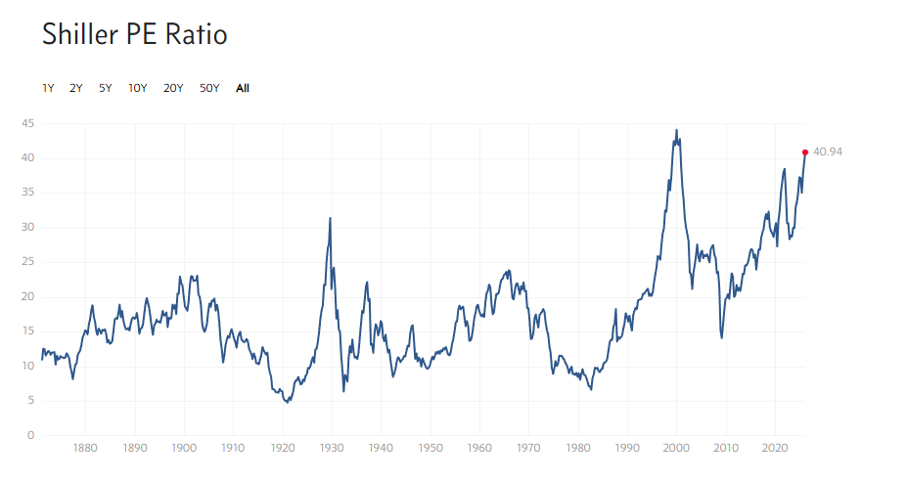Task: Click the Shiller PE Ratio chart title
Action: point(134,35)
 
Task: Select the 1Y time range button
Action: point(48,88)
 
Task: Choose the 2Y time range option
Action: point(76,88)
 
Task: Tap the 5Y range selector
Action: point(106,88)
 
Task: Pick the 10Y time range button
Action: point(138,88)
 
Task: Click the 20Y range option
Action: point(173,88)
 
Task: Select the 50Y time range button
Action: point(209,88)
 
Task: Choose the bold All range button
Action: point(243,88)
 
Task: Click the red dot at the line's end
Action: point(805,152)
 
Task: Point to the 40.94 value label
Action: point(828,153)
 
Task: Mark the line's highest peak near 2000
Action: point(676,130)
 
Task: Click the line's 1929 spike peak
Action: point(330,218)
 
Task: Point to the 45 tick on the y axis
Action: point(29,123)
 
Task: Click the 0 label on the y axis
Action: point(32,435)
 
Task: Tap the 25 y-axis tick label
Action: point(29,262)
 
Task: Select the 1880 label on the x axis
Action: point(85,448)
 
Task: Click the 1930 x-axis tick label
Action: point(332,448)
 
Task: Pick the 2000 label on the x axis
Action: point(677,448)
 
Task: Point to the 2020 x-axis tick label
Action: point(775,448)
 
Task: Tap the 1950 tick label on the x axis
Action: point(431,448)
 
